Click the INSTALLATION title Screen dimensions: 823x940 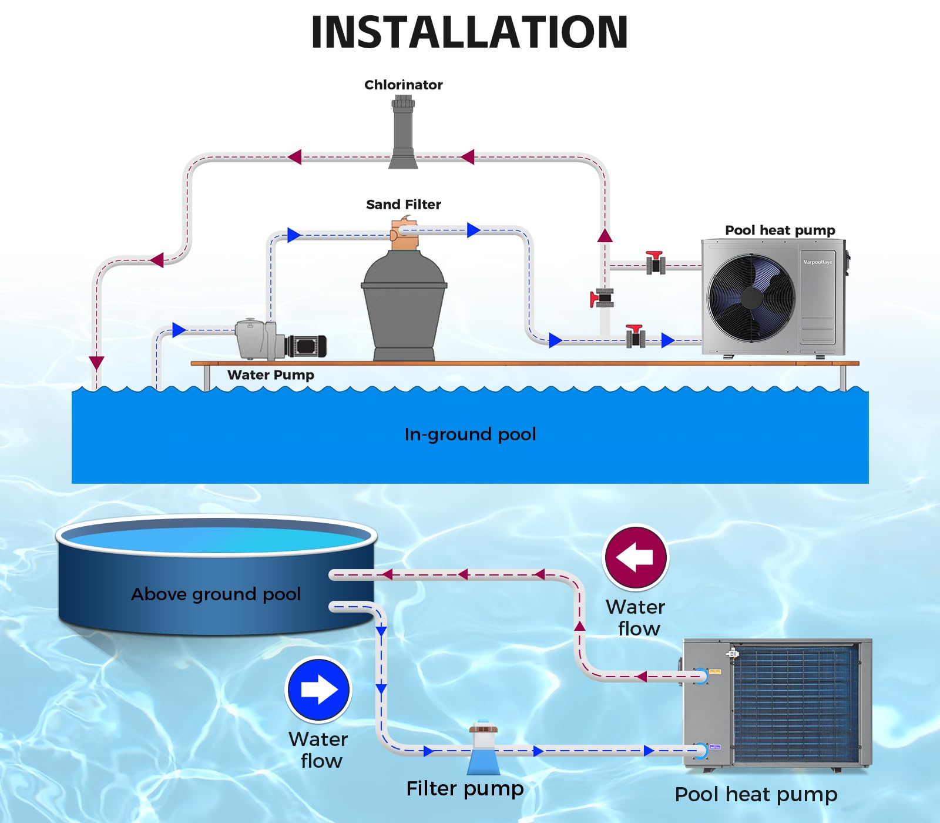point(469,32)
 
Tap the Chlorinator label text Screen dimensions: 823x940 point(403,85)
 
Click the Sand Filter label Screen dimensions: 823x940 point(403,205)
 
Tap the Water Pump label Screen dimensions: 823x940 point(270,375)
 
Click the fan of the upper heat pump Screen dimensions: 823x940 point(751,297)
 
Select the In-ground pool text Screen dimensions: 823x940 point(470,434)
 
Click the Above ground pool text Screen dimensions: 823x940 point(216,594)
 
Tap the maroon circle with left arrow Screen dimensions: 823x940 point(636,557)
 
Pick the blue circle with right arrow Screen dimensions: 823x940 point(318,690)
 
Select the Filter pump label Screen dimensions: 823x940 point(465,789)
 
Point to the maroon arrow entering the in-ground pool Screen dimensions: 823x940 point(97,363)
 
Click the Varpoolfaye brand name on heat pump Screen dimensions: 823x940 point(818,262)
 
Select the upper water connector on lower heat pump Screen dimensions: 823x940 point(701,676)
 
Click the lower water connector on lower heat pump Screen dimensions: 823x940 point(701,751)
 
